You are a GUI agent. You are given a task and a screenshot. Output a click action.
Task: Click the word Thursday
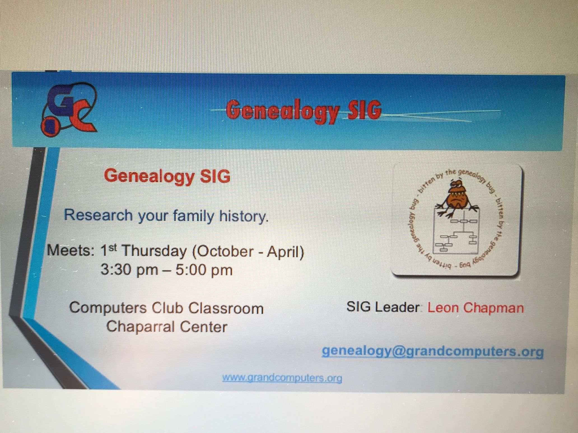tap(154, 251)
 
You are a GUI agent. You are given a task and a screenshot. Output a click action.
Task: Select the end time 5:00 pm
tap(204, 270)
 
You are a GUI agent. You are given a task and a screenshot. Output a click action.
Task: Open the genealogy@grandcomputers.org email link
tap(433, 352)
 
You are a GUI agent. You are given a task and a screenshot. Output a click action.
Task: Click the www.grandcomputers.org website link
tap(282, 378)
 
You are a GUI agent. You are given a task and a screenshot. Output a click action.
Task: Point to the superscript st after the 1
tap(112, 247)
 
